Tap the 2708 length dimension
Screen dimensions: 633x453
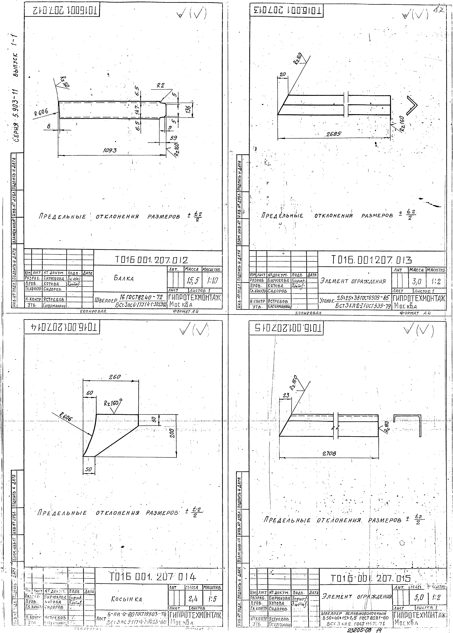click(329, 454)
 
